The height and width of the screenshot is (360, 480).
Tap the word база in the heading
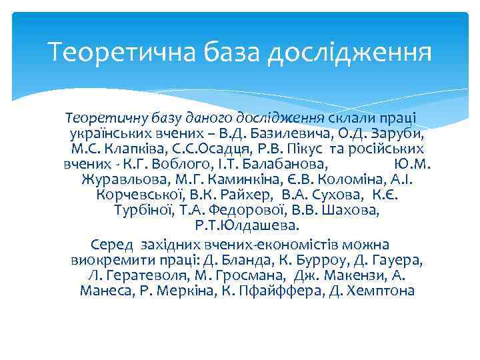tap(224, 51)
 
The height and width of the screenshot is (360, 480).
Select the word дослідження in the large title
tap(350, 51)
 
